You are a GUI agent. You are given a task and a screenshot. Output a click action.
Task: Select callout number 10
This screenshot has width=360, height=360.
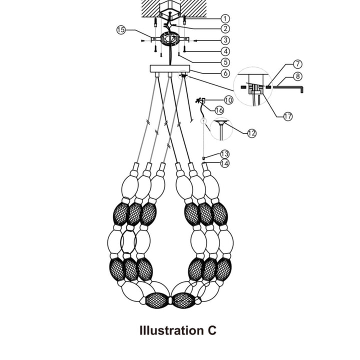(x=228, y=100)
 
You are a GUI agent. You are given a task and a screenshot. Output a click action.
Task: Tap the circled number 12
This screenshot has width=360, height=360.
(x=251, y=133)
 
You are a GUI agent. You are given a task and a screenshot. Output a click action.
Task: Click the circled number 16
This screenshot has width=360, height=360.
(x=219, y=110)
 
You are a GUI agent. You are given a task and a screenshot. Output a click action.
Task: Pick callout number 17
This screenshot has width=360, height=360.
(x=287, y=116)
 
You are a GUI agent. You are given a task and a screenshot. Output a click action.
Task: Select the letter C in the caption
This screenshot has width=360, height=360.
(x=211, y=330)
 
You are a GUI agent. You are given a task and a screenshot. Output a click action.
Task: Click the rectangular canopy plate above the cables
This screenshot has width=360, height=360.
(x=170, y=69)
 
